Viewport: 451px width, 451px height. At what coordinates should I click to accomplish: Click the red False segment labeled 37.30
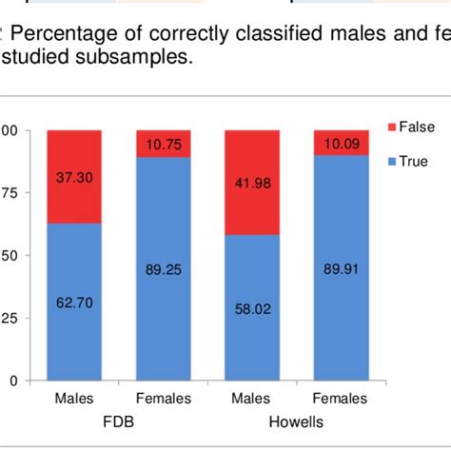[74, 177]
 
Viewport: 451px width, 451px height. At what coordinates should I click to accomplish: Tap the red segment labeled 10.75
[163, 144]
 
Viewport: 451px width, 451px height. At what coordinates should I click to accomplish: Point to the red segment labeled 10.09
[340, 143]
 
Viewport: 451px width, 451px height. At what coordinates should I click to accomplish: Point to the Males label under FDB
[74, 399]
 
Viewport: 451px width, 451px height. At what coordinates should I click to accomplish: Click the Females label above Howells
[340, 399]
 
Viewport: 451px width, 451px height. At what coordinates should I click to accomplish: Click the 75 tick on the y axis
[8, 193]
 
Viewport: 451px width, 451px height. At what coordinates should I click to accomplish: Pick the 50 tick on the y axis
[8, 255]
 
